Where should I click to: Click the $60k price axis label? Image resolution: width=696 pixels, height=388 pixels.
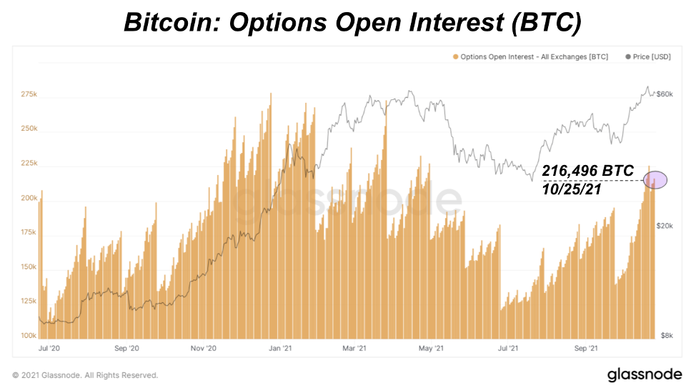[x=666, y=94]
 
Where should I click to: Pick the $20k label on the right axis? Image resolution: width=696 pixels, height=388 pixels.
[x=666, y=226]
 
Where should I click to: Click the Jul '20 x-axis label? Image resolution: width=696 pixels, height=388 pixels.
[x=49, y=349]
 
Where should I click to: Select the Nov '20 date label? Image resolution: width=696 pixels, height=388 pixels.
[x=203, y=349]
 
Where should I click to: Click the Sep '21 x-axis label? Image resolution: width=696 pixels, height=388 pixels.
[x=586, y=349]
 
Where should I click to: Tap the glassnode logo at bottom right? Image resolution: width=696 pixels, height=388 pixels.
[x=643, y=374]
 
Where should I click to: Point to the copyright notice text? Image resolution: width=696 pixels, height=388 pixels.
[x=85, y=375]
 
